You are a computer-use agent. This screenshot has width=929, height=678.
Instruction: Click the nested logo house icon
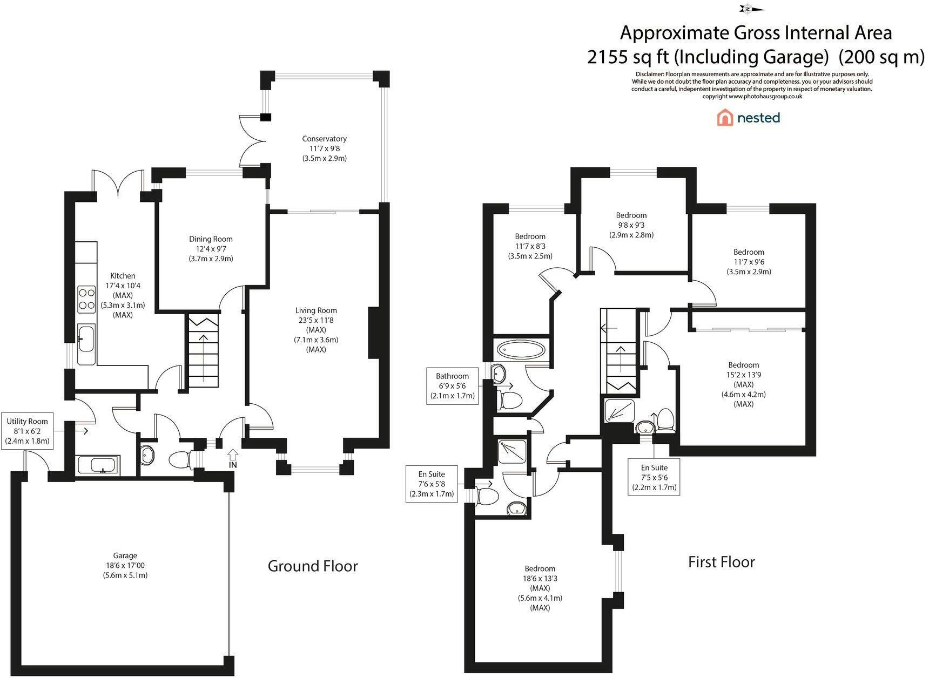tap(724, 118)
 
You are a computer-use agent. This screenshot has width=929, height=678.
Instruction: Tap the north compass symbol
tap(751, 9)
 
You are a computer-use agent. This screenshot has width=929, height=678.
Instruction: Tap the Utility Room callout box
tap(27, 431)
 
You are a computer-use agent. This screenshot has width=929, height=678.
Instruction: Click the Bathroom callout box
tap(453, 386)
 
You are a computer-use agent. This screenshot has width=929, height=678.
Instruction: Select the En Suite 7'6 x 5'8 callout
tap(432, 484)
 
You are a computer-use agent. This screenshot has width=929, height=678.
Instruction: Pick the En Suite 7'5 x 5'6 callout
tap(654, 477)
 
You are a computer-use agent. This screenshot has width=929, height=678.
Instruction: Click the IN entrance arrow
tap(233, 458)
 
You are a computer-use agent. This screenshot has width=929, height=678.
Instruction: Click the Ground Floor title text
tap(313, 566)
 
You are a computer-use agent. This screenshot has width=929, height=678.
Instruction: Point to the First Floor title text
tap(722, 562)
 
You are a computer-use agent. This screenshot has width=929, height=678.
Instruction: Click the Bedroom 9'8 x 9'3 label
tap(631, 225)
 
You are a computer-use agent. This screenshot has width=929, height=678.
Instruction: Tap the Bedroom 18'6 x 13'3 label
tap(540, 588)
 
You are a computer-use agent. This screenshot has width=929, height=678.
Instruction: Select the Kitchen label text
tap(123, 275)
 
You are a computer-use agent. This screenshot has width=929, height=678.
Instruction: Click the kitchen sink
tap(86, 344)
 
